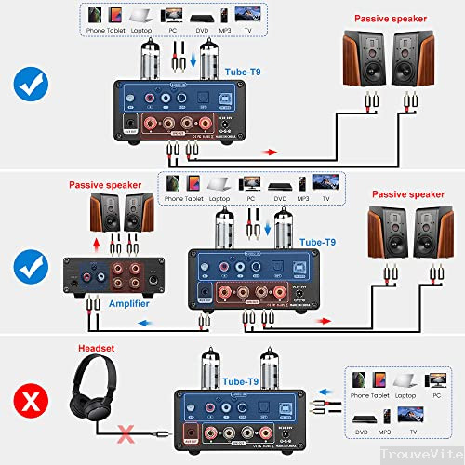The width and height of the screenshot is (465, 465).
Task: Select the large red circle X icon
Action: [x=30, y=402]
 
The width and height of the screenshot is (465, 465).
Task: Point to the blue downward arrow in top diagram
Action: [x=192, y=62]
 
